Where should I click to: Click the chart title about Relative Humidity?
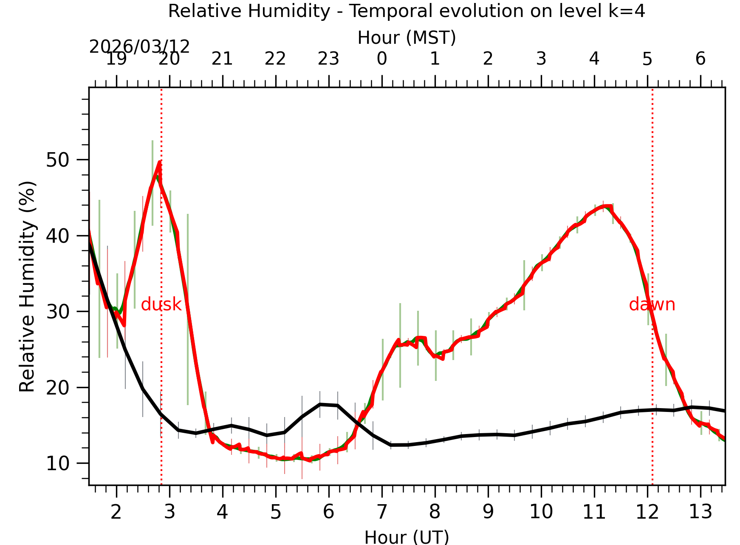[x=407, y=11]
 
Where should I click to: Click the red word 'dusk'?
[x=161, y=305]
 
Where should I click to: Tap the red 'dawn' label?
[x=652, y=305]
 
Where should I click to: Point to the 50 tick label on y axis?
[x=58, y=160]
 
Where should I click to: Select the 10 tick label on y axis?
[x=58, y=463]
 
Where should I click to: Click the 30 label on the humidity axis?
[x=58, y=312]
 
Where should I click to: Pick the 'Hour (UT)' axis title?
[x=407, y=537]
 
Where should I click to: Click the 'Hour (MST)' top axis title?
[x=407, y=38]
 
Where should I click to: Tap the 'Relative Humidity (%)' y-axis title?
[x=27, y=287]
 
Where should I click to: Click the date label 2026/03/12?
[x=139, y=47]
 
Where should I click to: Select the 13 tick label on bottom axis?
[x=700, y=512]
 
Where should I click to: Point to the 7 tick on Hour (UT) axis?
[x=381, y=512]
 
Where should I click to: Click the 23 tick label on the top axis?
[x=328, y=59]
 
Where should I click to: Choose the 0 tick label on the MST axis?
[x=381, y=59]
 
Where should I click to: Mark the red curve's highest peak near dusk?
[x=159, y=162]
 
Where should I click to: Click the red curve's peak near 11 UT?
[x=607, y=206]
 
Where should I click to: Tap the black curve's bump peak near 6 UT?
[x=320, y=404]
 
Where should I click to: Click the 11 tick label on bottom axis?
[x=594, y=512]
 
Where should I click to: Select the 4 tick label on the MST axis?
[x=594, y=59]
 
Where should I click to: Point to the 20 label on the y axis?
[x=58, y=388]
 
